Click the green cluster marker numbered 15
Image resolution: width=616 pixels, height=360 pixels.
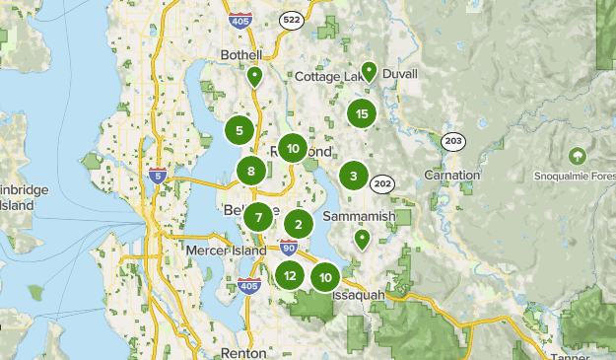[362, 114]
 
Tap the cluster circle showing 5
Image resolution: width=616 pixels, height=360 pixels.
[240, 129]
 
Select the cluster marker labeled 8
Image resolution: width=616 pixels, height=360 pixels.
[251, 171]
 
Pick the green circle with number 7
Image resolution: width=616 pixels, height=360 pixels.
[258, 218]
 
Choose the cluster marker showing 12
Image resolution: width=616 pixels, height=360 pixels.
[289, 276]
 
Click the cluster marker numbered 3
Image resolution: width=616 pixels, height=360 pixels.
[353, 177]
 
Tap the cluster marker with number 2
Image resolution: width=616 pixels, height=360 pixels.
[299, 224]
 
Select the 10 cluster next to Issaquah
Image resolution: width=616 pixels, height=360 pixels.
[325, 277]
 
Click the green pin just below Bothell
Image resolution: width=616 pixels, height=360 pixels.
[254, 76]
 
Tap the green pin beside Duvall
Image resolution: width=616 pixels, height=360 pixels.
[369, 71]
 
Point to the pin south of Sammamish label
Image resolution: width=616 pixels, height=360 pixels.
[362, 239]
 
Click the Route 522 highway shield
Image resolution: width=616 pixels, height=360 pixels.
[292, 21]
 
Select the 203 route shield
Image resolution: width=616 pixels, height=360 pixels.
[453, 142]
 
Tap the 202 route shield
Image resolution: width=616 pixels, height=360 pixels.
[382, 182]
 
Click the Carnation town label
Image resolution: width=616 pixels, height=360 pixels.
[452, 175]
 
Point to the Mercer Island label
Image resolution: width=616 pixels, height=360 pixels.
[226, 252]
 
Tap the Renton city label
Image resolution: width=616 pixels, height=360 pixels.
[243, 352]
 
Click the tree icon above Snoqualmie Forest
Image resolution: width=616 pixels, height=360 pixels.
[577, 156]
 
